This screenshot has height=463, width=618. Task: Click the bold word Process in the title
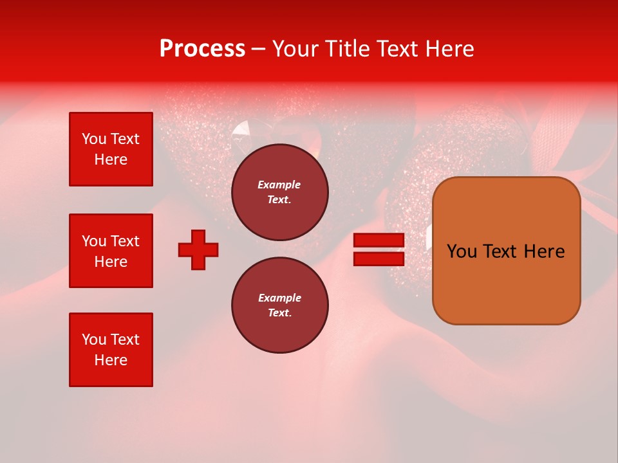[202, 49]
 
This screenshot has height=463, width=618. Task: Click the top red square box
[111, 149]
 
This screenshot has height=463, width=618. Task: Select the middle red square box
[111, 251]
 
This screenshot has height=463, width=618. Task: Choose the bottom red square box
[111, 350]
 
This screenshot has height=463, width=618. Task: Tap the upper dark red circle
[279, 192]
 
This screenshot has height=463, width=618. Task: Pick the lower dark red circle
[279, 305]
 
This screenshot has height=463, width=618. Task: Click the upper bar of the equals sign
[379, 241]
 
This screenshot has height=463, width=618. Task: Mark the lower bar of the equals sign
[379, 259]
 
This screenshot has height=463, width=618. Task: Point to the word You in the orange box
[462, 251]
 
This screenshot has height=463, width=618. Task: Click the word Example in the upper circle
[279, 185]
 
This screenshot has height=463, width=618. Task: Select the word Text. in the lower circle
[279, 313]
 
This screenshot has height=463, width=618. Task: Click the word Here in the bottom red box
[111, 360]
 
